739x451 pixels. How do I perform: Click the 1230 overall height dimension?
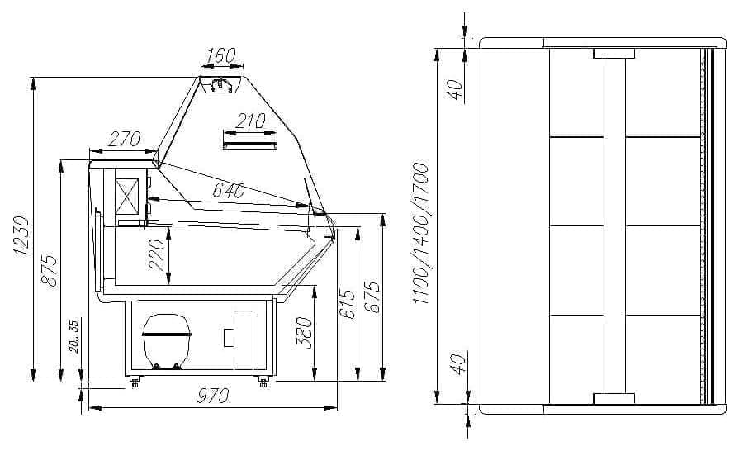click(x=21, y=235)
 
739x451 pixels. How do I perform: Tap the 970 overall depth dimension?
click(x=213, y=396)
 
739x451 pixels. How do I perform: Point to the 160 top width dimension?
click(x=220, y=55)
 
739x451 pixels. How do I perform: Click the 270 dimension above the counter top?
click(x=125, y=139)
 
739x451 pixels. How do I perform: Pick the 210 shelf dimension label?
click(x=250, y=121)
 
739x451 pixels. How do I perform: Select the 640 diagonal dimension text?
click(x=229, y=190)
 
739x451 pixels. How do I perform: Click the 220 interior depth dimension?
click(x=157, y=255)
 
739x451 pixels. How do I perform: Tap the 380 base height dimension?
click(x=305, y=333)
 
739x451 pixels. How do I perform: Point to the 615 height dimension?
click(x=348, y=304)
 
